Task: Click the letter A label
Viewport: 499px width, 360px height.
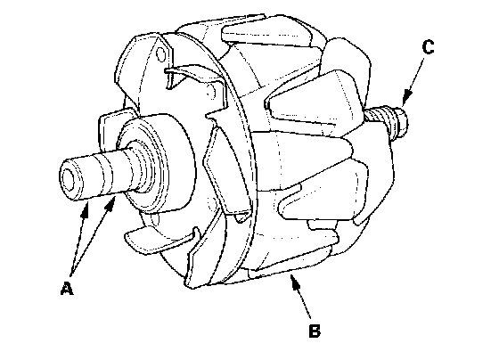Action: point(67,288)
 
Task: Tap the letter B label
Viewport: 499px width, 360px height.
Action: point(315,331)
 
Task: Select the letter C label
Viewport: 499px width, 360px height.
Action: point(428,47)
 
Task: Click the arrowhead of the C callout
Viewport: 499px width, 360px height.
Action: point(406,97)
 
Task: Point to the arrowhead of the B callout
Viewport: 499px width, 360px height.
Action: point(294,282)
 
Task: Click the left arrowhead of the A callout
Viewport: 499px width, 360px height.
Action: point(85,209)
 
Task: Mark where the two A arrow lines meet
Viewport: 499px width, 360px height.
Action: point(71,274)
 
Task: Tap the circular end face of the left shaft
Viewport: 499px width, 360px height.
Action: point(69,179)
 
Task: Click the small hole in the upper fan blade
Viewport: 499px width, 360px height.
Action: point(161,54)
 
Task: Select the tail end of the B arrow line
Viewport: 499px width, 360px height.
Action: point(310,317)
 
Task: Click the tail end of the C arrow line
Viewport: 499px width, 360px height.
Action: point(423,59)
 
